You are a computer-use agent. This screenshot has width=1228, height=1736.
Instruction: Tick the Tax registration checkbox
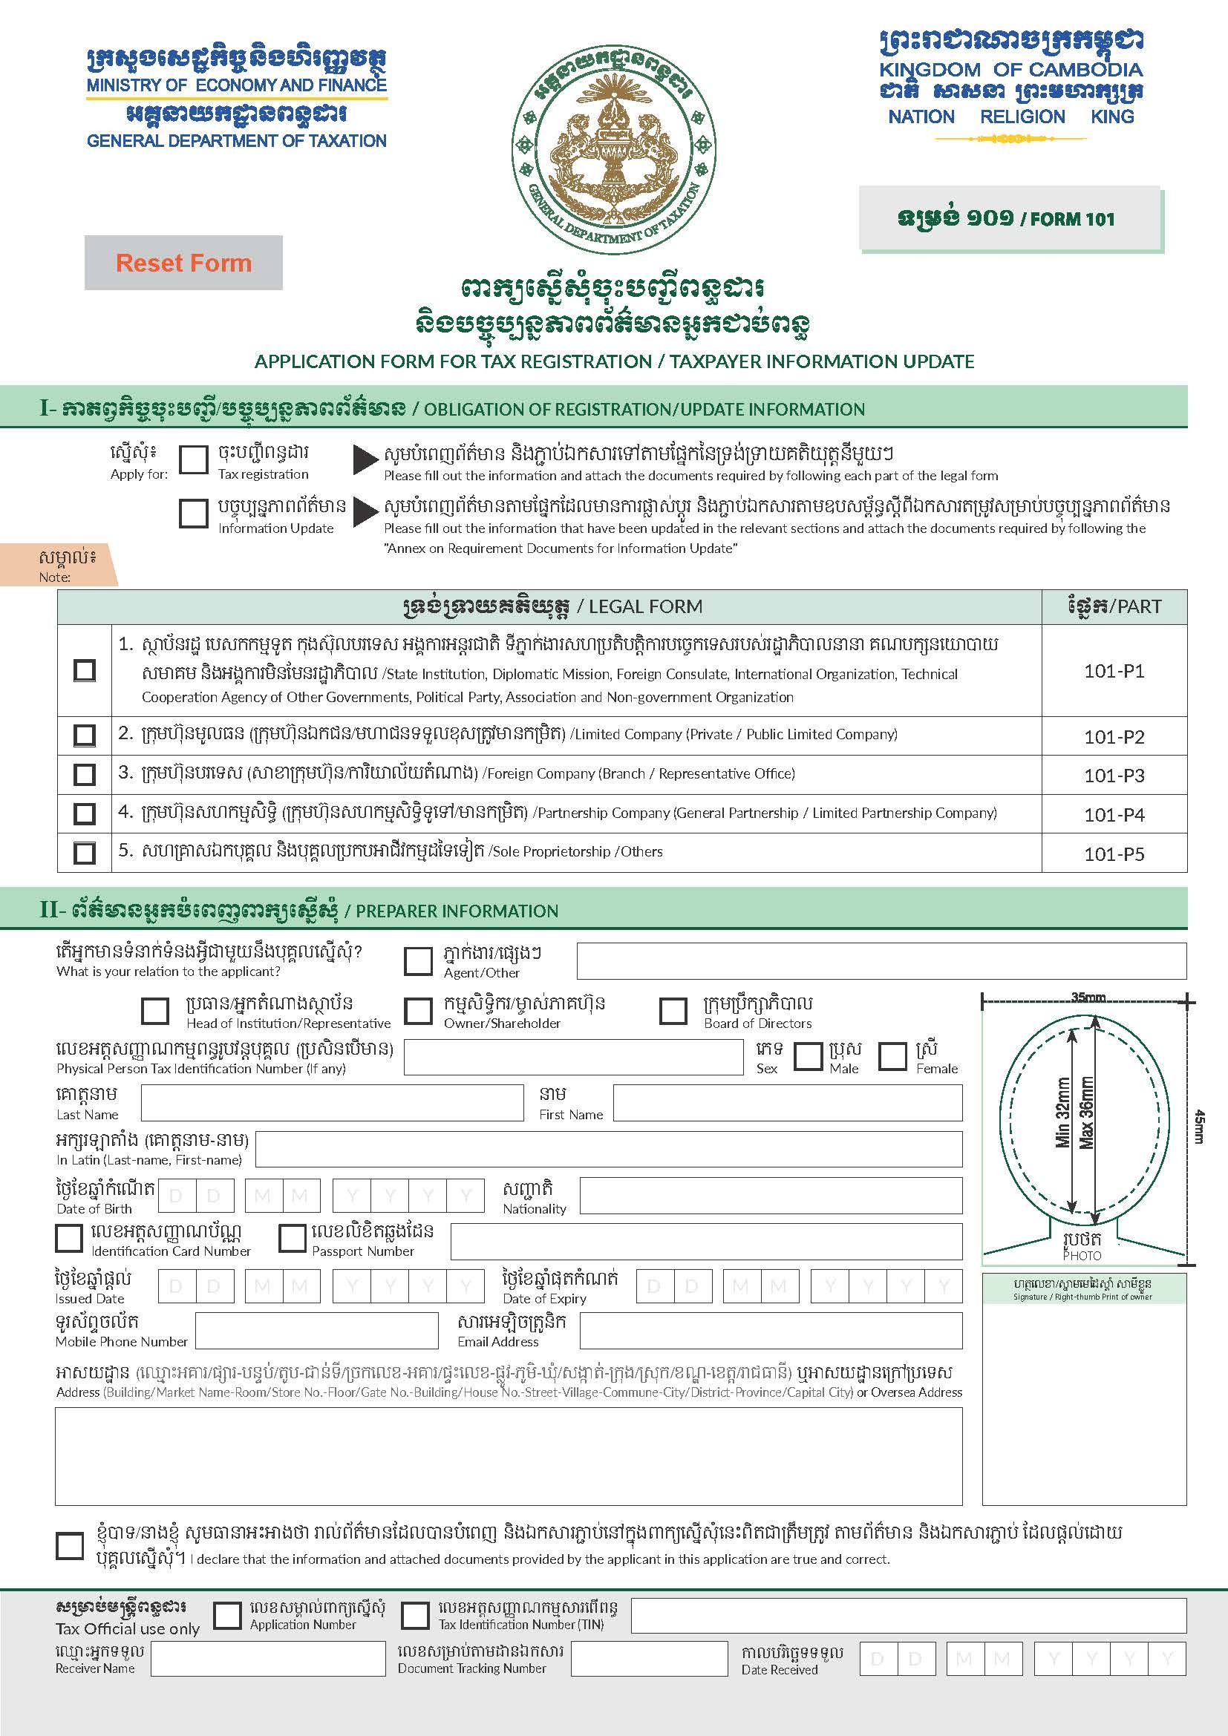pos(194,459)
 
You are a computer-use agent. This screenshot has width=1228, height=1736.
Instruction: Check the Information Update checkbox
pos(194,514)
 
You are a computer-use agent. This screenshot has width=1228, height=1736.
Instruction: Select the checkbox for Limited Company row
pos(84,735)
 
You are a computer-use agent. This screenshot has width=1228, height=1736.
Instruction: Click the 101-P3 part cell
pos(1114,775)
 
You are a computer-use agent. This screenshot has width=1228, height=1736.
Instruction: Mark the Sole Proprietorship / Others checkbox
pos(84,853)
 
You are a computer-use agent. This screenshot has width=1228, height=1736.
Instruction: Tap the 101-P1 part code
pos(1114,671)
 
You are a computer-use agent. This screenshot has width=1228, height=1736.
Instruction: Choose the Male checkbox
pos(808,1056)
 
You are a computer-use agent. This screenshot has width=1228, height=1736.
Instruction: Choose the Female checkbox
pos(892,1056)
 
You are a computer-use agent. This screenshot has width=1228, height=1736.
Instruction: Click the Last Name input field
pos(332,1102)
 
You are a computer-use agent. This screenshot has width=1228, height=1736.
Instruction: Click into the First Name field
pos(787,1102)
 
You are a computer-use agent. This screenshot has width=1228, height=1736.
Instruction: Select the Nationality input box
pos(771,1196)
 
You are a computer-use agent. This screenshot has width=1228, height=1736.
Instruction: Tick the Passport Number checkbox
pos(292,1239)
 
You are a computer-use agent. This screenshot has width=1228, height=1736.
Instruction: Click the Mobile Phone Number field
pos(317,1331)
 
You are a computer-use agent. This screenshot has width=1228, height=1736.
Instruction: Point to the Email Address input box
pos(771,1331)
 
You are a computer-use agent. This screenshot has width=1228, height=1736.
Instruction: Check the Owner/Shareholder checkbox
pos(418,1011)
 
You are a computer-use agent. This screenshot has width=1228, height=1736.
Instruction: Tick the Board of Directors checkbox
pos(673,1011)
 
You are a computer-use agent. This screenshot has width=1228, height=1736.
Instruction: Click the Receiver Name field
pos(269,1659)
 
